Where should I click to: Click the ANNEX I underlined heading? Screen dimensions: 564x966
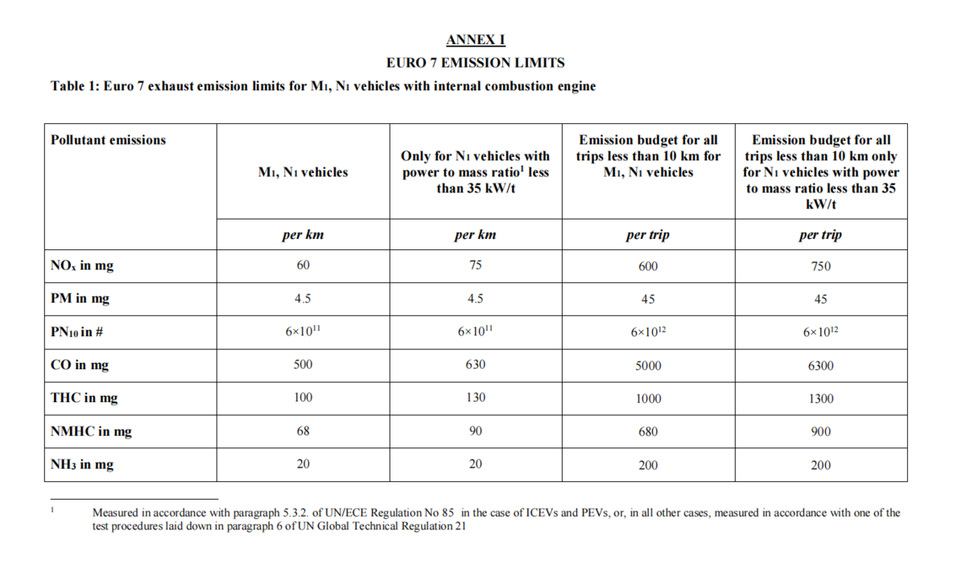tap(476, 40)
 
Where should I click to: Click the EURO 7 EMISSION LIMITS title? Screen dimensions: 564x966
tap(476, 63)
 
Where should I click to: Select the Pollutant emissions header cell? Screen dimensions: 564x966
tap(108, 140)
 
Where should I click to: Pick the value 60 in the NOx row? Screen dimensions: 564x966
tap(303, 266)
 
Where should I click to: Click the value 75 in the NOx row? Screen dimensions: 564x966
tap(476, 266)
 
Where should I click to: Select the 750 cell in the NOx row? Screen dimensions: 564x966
tap(820, 266)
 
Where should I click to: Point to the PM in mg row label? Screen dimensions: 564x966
tap(80, 299)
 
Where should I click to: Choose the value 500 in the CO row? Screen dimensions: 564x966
tap(303, 364)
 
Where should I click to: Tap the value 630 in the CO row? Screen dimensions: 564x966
tap(476, 364)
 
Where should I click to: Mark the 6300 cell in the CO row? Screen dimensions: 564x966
tap(820, 365)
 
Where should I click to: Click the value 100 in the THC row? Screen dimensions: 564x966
tap(303, 397)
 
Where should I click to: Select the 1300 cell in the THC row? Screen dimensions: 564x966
tap(820, 398)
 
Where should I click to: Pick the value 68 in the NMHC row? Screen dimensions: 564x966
tap(303, 431)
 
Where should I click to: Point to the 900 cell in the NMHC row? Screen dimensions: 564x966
tap(820, 432)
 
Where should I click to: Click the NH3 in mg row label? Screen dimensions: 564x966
tap(82, 465)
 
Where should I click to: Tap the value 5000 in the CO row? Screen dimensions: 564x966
tap(648, 365)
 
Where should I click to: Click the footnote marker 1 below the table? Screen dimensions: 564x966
tap(52, 509)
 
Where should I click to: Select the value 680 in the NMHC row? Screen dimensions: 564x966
tap(648, 432)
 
